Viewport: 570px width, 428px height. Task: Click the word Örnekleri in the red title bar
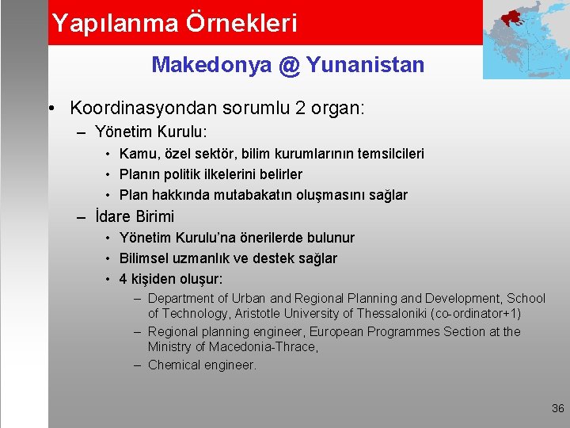241,22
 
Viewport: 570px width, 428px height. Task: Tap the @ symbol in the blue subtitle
290,66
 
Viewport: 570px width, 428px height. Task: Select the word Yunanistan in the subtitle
365,64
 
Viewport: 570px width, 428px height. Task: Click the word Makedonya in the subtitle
212,65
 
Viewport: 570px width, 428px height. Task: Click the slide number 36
557,408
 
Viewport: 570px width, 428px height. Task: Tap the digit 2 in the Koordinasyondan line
300,108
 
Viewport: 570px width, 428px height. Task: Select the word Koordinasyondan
143,108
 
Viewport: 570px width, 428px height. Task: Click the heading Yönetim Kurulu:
151,132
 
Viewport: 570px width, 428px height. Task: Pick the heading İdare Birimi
135,216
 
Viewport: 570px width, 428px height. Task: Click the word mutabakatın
253,195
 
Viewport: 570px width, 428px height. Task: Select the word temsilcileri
391,154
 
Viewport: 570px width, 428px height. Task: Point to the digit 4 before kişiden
123,279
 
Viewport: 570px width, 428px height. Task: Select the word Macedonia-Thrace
263,346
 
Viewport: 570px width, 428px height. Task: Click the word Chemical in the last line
173,365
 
